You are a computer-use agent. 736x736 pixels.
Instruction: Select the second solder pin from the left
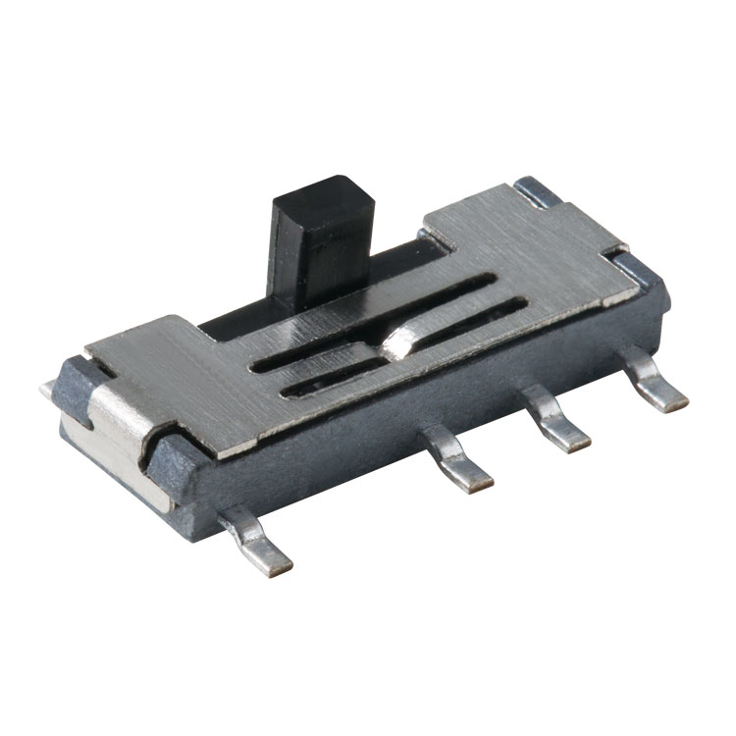pyautogui.click(x=461, y=462)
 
